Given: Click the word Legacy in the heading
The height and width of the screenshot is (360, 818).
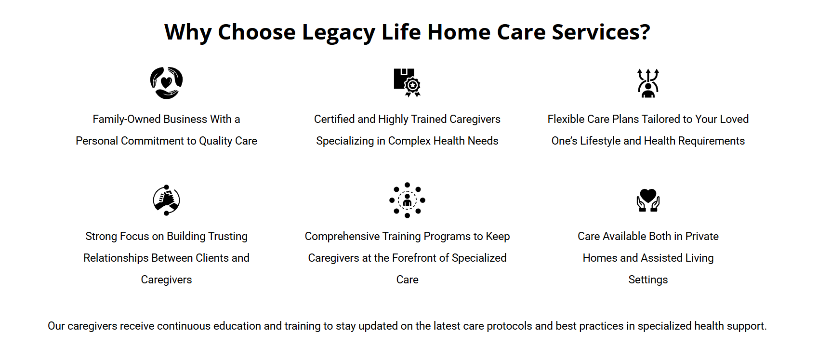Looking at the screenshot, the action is (339, 32).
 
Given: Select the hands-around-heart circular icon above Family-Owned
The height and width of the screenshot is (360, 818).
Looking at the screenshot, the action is (167, 83).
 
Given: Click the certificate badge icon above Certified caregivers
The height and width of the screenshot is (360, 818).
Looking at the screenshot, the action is (407, 82).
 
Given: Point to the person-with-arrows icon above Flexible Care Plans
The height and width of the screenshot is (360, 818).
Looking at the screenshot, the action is (648, 83).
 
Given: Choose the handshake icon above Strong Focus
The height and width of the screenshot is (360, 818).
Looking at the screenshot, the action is (167, 200).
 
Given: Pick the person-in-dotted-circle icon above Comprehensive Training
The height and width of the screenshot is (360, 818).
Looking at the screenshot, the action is (407, 200).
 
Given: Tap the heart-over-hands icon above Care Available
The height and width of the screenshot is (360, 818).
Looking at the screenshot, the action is (648, 200).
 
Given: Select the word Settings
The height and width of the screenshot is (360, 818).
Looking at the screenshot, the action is (648, 280).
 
